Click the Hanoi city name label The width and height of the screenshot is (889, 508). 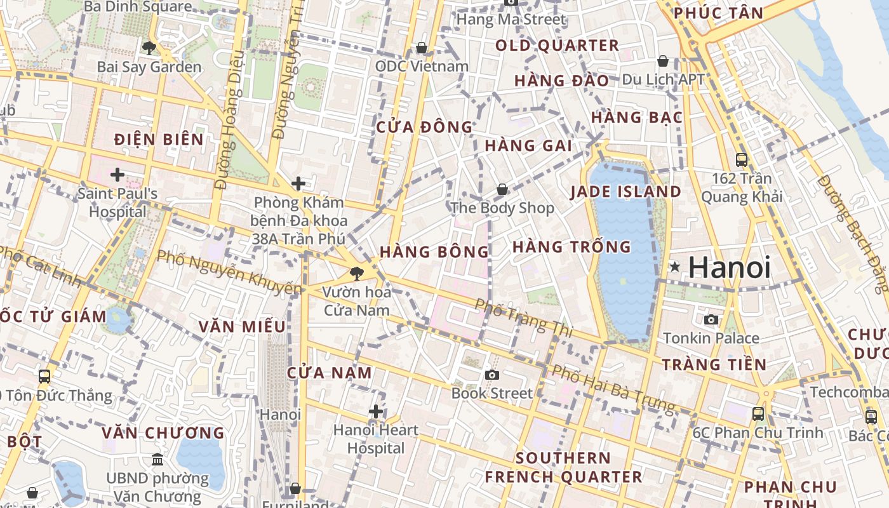pyautogui.click(x=730, y=267)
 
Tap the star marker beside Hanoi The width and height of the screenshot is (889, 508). pyautogui.click(x=675, y=267)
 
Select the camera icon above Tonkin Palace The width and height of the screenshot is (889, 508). pyautogui.click(x=711, y=319)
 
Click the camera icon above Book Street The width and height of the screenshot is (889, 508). pyautogui.click(x=491, y=375)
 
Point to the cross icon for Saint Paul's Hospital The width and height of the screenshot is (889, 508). pyautogui.click(x=117, y=174)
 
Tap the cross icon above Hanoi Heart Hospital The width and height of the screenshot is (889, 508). pyautogui.click(x=376, y=411)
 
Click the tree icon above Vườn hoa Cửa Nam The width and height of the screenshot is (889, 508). pyautogui.click(x=357, y=274)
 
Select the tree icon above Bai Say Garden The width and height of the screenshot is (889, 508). pyautogui.click(x=149, y=48)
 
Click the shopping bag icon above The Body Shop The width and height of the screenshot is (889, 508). pyautogui.click(x=502, y=189)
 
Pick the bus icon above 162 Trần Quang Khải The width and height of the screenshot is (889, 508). pyautogui.click(x=741, y=160)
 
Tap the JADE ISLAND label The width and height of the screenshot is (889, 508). pyautogui.click(x=625, y=192)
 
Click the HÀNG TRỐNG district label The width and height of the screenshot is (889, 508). pyautogui.click(x=571, y=247)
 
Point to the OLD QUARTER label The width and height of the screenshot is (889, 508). pyautogui.click(x=557, y=46)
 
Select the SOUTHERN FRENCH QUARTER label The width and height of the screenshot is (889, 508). pyautogui.click(x=563, y=467)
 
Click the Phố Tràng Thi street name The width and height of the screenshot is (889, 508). pyautogui.click(x=524, y=317)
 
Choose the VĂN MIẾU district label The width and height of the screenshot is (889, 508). pyautogui.click(x=242, y=326)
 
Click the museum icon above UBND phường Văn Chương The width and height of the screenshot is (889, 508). pyautogui.click(x=157, y=459)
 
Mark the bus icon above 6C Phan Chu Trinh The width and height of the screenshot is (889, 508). pyautogui.click(x=758, y=414)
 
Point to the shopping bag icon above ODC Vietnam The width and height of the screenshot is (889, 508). pyautogui.click(x=421, y=48)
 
